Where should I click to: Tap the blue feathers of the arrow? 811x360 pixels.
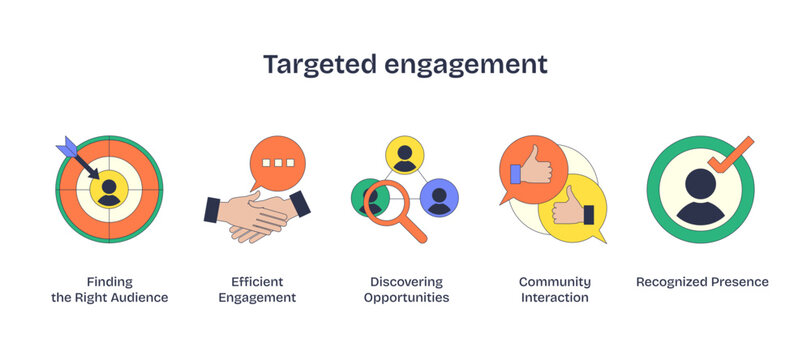[x=69, y=149]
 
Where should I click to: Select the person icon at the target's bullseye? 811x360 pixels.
[x=109, y=188]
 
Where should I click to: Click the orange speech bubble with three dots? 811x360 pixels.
[x=272, y=162]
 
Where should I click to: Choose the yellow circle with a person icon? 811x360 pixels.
[x=405, y=155]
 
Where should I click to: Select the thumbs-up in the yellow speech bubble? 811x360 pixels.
[x=573, y=208]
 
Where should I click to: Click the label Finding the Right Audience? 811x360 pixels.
[x=109, y=289]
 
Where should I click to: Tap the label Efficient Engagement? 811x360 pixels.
[x=257, y=289]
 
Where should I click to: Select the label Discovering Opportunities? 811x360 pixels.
[x=406, y=289]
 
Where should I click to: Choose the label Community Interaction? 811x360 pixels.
[x=555, y=289]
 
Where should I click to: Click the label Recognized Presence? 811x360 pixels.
[x=702, y=282]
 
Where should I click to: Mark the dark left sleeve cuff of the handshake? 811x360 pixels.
[x=212, y=209]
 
